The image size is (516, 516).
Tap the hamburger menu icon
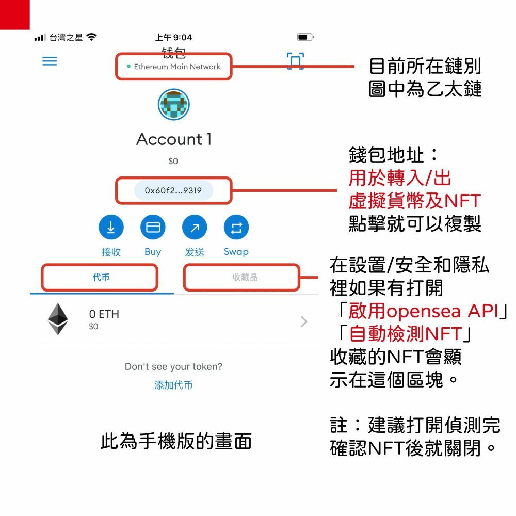tap(50, 61)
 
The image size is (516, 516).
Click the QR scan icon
tap(295, 61)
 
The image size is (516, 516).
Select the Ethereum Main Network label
tap(176, 67)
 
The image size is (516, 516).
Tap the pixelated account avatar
tap(173, 104)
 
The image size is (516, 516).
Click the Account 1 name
tap(174, 139)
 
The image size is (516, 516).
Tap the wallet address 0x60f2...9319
tap(173, 191)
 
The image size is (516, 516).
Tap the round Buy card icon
tap(153, 228)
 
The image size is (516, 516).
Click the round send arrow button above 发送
tap(195, 228)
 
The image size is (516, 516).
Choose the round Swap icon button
tap(236, 228)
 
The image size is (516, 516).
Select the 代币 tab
tap(101, 278)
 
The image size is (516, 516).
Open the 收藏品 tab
tap(245, 278)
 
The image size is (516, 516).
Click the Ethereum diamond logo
tap(58, 319)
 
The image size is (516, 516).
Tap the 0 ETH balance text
tap(104, 314)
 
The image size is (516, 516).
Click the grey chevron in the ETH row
tap(304, 322)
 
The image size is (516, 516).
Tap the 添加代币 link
tap(173, 385)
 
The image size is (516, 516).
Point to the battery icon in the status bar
tap(304, 37)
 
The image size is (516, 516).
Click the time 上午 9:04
tap(173, 37)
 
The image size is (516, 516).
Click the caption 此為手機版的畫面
tap(175, 442)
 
